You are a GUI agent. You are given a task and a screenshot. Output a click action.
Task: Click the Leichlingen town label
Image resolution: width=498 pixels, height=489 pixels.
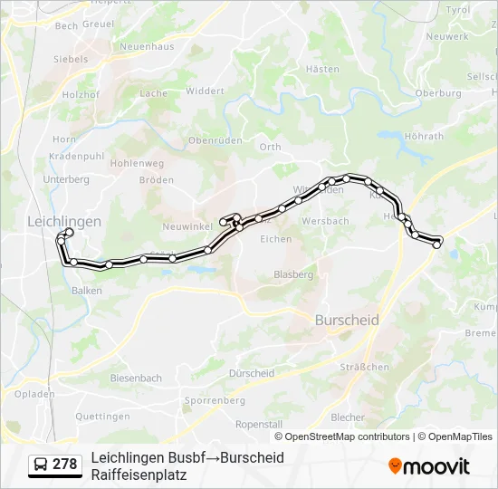64,221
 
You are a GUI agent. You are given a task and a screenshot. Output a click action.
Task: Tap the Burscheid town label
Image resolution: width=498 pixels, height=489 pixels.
347,321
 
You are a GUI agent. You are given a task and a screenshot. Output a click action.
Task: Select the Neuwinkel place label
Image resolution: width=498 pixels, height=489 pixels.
186,225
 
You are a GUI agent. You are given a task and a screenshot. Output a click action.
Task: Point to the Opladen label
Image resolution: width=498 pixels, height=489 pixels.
34,395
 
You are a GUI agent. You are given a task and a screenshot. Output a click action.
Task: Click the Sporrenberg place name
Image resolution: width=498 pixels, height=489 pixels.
215,399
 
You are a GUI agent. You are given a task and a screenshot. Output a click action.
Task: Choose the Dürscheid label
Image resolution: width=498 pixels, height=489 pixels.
252,373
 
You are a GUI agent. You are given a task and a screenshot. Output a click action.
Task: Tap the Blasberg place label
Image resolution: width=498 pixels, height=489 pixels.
293,274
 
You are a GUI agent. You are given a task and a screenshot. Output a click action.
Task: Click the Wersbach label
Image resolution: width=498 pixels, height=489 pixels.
325,221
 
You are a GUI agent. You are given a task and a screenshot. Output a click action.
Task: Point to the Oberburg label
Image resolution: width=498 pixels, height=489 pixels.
438,93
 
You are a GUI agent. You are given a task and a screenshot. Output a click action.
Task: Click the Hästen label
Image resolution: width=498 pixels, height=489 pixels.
323,69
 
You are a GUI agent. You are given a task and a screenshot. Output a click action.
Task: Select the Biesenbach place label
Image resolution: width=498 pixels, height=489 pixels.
136,378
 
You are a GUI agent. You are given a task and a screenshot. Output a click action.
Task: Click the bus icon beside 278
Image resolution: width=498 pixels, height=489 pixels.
42,465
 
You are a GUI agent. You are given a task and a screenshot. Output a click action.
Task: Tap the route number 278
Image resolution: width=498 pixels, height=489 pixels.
65,465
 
